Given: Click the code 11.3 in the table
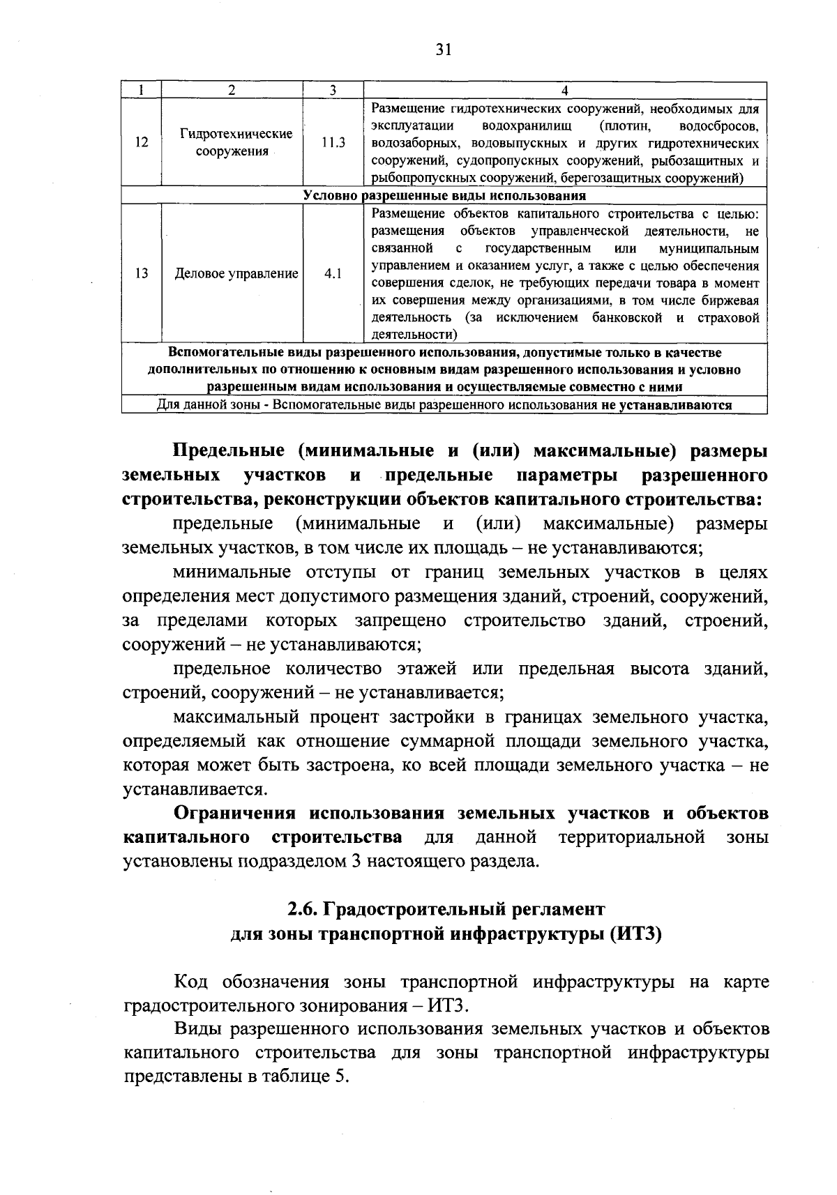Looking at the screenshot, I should (333, 142).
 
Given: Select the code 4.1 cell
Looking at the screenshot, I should (333, 274).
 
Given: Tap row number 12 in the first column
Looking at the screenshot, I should (142, 142).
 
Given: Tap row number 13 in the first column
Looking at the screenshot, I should (142, 274).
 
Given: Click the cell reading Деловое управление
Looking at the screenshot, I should (236, 274).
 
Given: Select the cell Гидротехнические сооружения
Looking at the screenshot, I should (232, 142).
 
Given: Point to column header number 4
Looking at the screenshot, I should (565, 90).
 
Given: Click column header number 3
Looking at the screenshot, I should (333, 90).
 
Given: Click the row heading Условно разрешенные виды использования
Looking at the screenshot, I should (444, 196).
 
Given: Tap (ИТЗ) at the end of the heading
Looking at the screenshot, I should (635, 934).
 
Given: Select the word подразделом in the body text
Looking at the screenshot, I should (293, 861).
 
